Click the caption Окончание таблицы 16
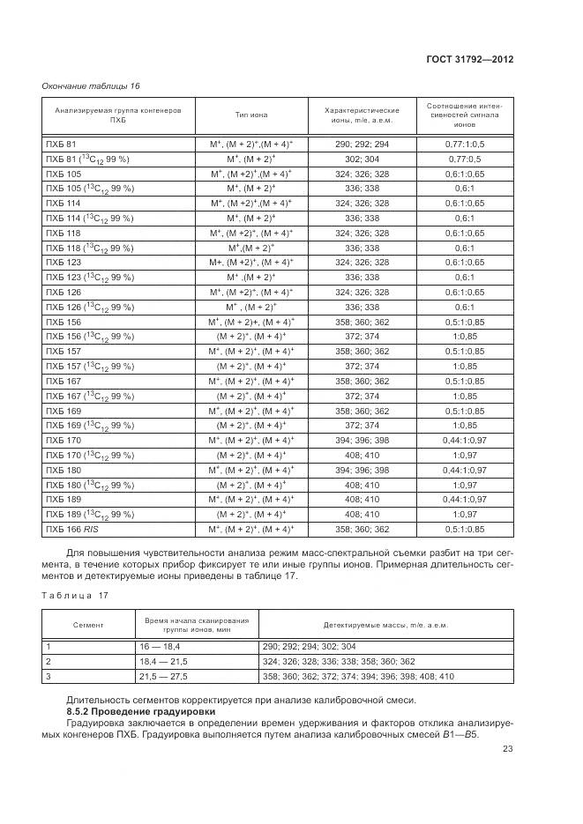click(91, 85)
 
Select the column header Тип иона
click(251, 115)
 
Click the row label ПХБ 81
click(61, 143)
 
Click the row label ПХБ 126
click(63, 291)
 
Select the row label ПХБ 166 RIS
click(72, 529)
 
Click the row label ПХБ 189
click(63, 499)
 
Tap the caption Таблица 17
click(74, 597)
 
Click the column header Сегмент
click(88, 625)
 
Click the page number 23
click(508, 750)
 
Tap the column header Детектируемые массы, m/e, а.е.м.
click(385, 625)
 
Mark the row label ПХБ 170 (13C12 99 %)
click(88, 455)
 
